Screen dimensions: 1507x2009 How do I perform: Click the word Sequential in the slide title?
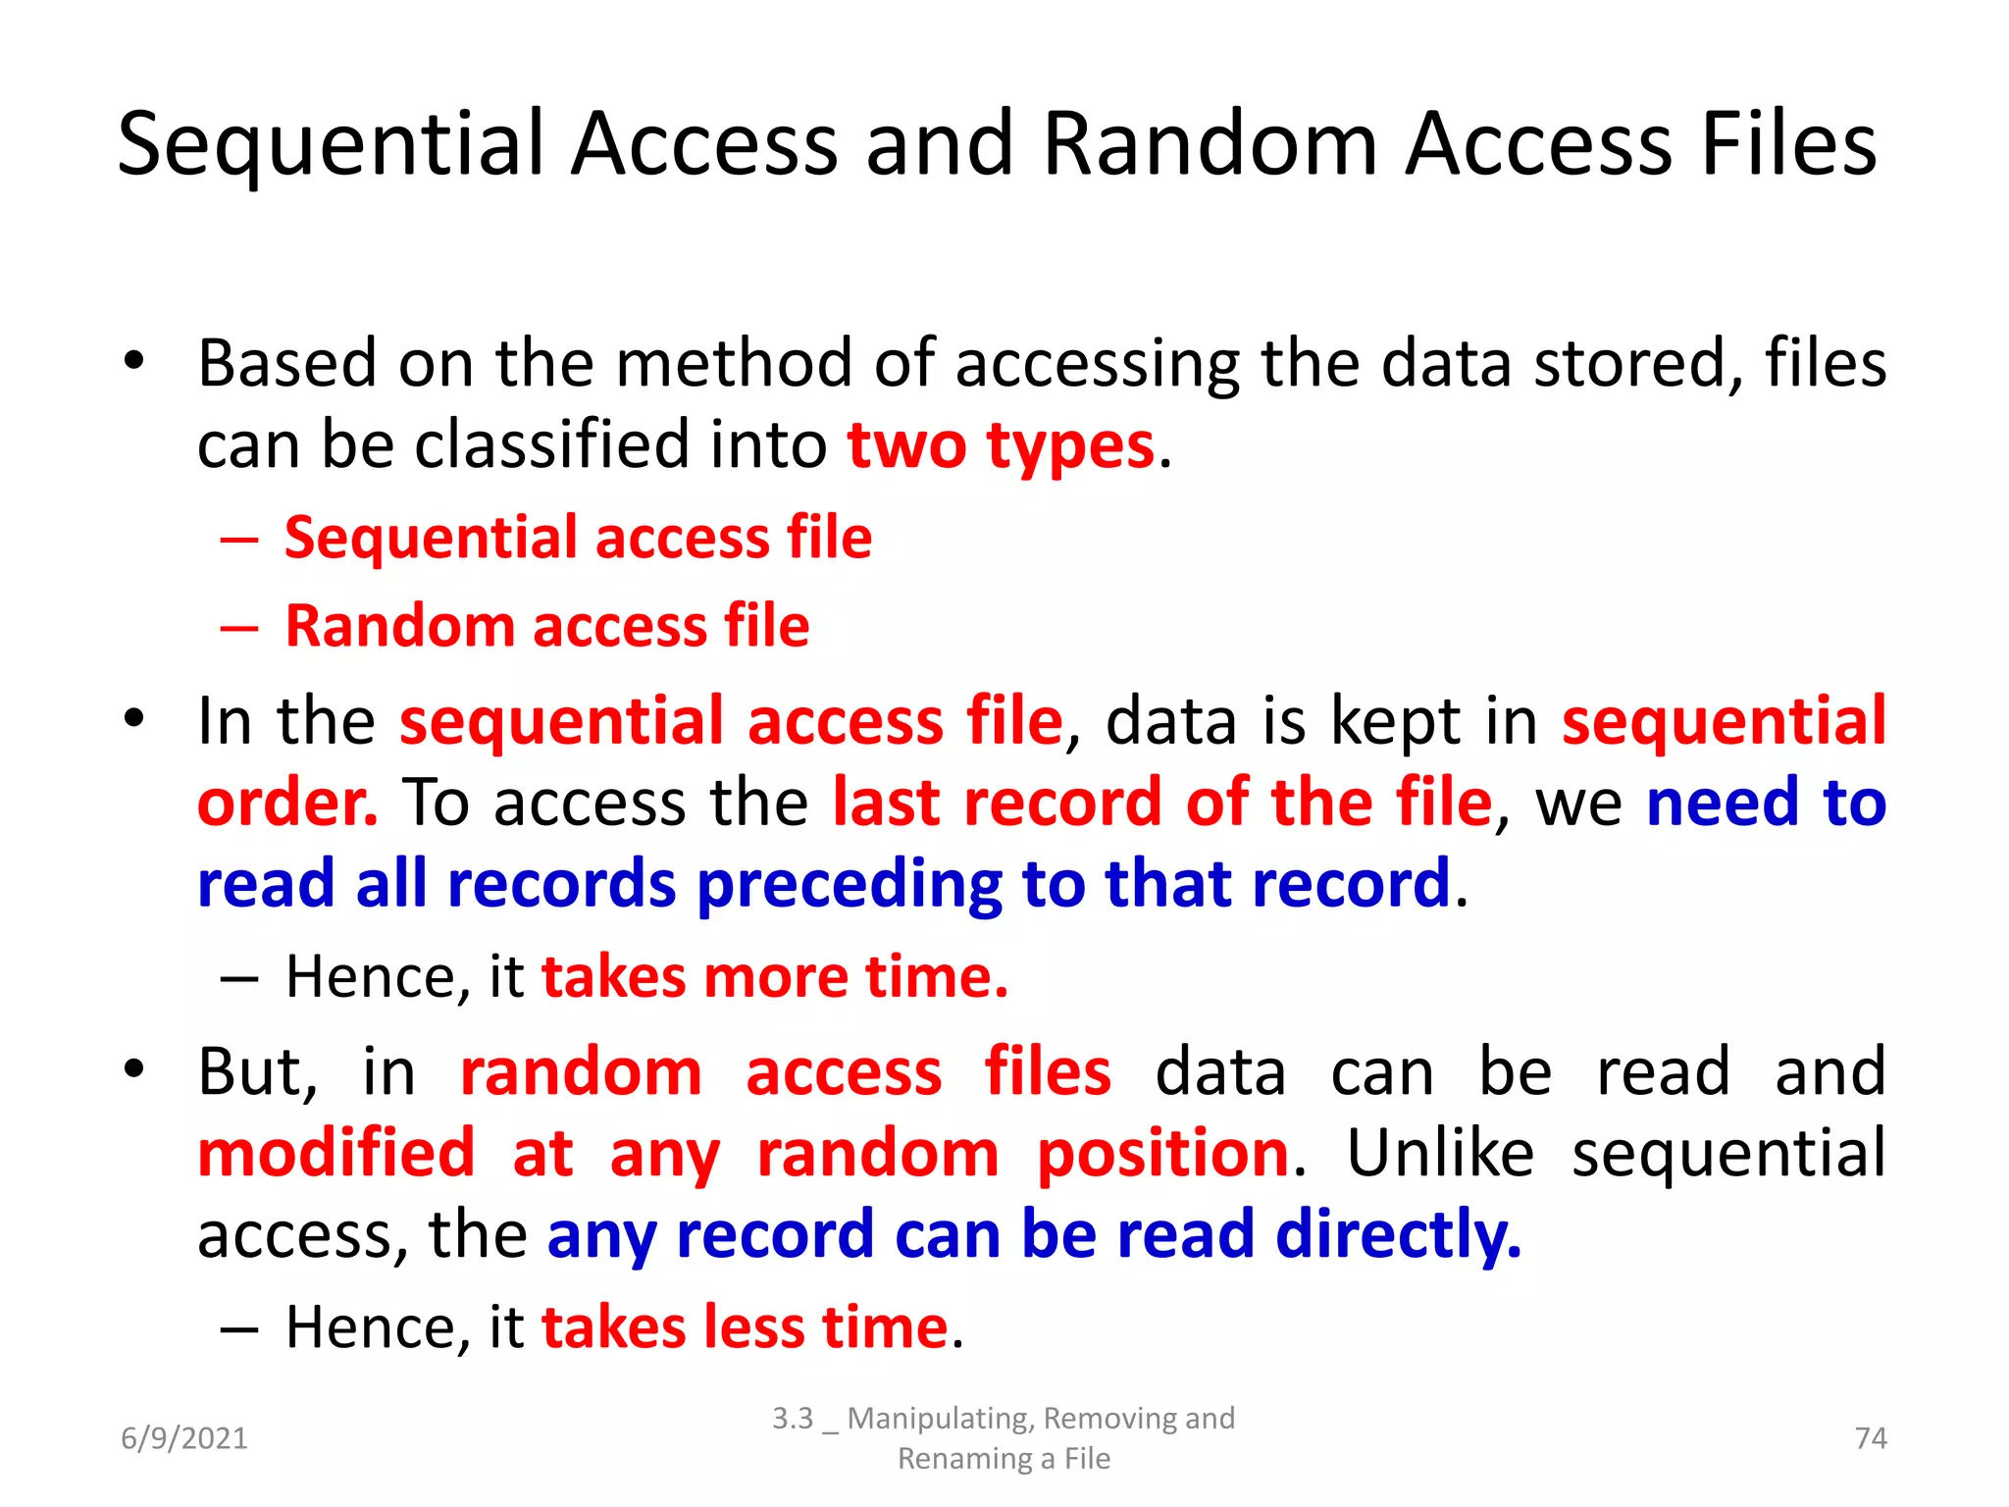click(331, 145)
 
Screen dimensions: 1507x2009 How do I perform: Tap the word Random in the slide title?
click(1210, 145)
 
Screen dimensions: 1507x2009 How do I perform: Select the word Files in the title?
click(1788, 145)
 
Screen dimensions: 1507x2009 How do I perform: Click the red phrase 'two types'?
click(1001, 446)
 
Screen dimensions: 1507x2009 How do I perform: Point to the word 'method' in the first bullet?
click(735, 364)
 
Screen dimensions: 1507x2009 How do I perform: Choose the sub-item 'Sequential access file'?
click(578, 538)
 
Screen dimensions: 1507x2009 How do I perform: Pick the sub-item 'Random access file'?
click(547, 626)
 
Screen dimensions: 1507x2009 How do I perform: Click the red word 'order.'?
click(287, 804)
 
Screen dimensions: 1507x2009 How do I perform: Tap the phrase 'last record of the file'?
click(1162, 804)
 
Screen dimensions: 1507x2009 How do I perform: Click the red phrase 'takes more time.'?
click(775, 977)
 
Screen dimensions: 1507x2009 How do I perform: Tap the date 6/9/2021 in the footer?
click(184, 1438)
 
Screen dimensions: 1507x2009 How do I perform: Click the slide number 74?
click(1871, 1438)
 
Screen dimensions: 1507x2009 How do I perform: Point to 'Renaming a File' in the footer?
click(1004, 1459)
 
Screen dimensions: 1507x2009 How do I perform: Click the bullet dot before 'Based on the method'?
click(134, 361)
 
